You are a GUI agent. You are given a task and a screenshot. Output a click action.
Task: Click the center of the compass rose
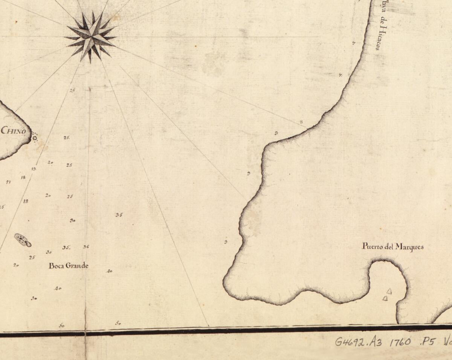tap(90, 37)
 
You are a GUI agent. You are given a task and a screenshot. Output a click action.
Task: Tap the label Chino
tap(14, 131)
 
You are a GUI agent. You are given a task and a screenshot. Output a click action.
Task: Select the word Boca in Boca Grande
tap(56, 265)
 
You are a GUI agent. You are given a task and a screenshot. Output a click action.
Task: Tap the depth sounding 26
tap(72, 90)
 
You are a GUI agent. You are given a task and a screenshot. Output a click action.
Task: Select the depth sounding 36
tap(86, 247)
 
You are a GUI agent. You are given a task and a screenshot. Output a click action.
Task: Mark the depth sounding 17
tap(8, 182)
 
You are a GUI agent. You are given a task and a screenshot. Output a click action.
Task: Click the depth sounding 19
tap(34, 169)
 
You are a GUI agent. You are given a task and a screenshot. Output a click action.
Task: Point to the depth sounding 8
tap(301, 122)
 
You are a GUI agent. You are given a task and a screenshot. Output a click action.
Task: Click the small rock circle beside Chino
tap(35, 138)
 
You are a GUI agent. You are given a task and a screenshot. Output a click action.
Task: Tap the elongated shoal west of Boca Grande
tap(23, 239)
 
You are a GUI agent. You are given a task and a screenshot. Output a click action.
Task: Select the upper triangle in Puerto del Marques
tap(389, 291)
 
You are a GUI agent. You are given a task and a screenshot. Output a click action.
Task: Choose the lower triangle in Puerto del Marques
tap(385, 298)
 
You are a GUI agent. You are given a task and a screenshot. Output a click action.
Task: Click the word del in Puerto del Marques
tap(388, 247)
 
